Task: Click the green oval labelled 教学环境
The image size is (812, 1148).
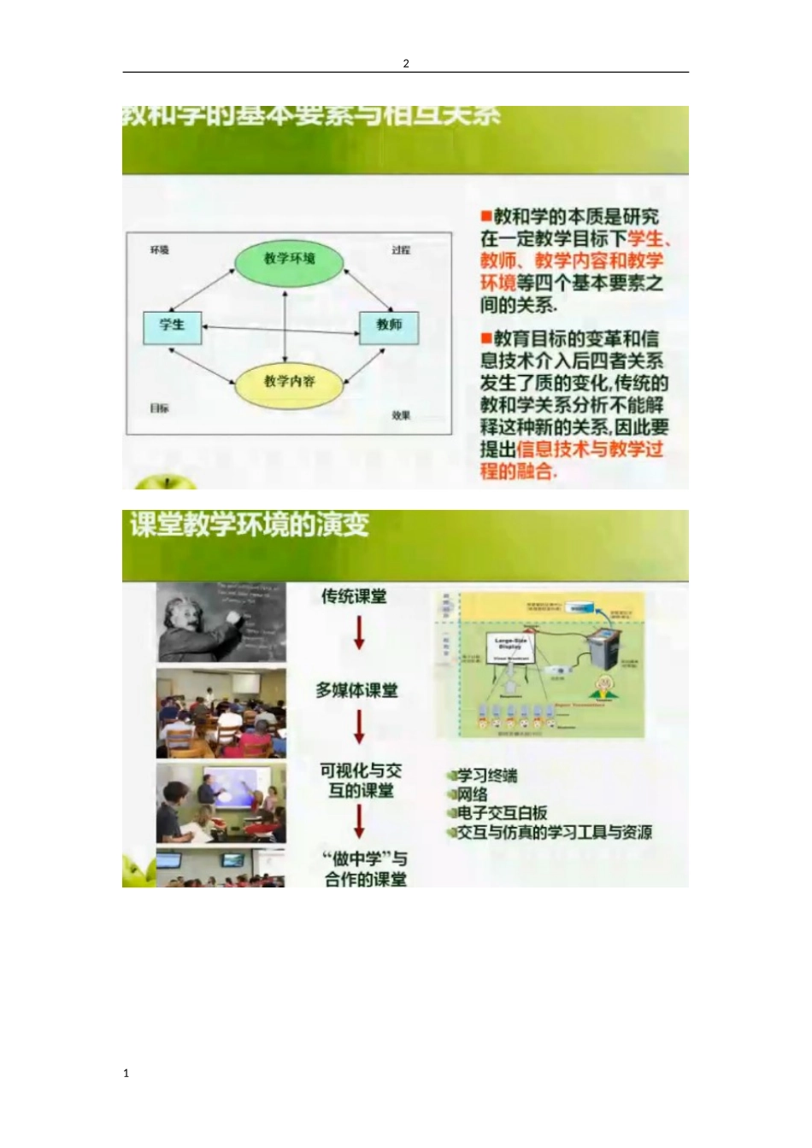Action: pyautogui.click(x=289, y=260)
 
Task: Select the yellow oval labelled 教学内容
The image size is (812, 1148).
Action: pyautogui.click(x=289, y=382)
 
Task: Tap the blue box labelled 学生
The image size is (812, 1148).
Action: pyautogui.click(x=172, y=325)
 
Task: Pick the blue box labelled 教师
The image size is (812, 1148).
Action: pyautogui.click(x=389, y=325)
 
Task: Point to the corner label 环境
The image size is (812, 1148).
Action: pyautogui.click(x=160, y=250)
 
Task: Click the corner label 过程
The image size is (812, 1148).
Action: pyautogui.click(x=401, y=250)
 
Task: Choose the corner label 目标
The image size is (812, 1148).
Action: pyautogui.click(x=160, y=409)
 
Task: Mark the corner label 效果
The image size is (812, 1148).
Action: pyautogui.click(x=401, y=416)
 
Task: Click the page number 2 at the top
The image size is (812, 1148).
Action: pyautogui.click(x=406, y=63)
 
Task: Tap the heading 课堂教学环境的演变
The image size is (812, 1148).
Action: pyautogui.click(x=250, y=524)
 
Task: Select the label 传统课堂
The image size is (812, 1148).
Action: pyautogui.click(x=354, y=596)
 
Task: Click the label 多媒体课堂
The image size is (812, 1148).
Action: pyautogui.click(x=356, y=690)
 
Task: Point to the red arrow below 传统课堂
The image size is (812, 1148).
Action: pyautogui.click(x=359, y=633)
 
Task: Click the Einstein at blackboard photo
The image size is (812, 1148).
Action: pyautogui.click(x=221, y=622)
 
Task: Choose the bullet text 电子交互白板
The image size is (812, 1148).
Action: pyautogui.click(x=502, y=813)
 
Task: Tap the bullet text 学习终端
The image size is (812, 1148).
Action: pyautogui.click(x=486, y=776)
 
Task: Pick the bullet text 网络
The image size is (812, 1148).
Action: pyautogui.click(x=472, y=794)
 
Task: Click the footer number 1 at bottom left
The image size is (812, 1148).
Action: pyautogui.click(x=127, y=1074)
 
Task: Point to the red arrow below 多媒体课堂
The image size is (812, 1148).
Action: pyautogui.click(x=359, y=727)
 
